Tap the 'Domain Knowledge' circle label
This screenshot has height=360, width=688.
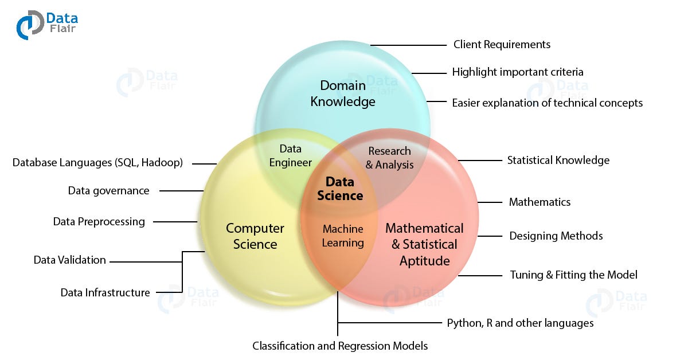pos(343,94)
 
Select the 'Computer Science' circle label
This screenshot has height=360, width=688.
pos(255,236)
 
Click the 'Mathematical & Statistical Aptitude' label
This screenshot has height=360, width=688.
pos(424,244)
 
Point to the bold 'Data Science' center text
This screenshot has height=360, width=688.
pos(340,189)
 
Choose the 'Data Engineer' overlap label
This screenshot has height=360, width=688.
pos(291,156)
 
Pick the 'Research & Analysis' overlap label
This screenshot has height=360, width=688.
pos(389,158)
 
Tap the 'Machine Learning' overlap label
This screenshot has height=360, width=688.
pos(343,236)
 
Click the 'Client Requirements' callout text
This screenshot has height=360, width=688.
pos(502,44)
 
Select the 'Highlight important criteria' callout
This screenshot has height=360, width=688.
pos(518,72)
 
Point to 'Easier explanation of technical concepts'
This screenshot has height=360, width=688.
pos(547,103)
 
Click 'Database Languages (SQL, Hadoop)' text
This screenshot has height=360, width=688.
pos(97,163)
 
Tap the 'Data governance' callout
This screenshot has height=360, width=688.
pos(108,191)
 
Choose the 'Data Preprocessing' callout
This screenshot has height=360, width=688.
pos(99,221)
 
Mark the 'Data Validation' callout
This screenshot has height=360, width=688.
pos(69,260)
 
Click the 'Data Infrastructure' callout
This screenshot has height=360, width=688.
pos(105,292)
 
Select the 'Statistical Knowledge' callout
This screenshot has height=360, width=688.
pos(558,160)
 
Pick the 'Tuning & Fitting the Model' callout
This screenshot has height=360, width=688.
pos(573,275)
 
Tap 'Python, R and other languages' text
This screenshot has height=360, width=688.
pos(520,323)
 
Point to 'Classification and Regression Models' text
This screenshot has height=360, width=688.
pos(340,346)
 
